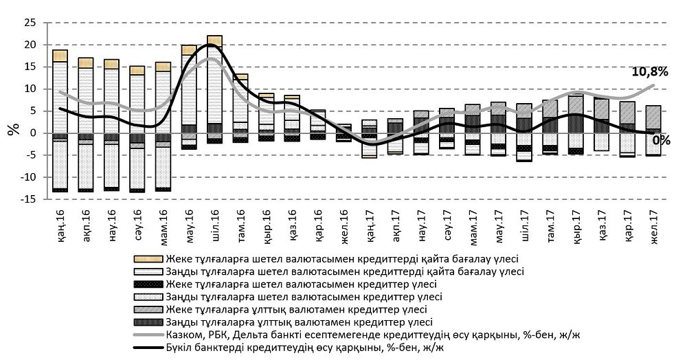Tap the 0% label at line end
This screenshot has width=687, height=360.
661,139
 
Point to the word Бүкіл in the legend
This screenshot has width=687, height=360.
180,348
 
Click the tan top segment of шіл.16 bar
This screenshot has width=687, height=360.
214,41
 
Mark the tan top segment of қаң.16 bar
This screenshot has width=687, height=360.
60,56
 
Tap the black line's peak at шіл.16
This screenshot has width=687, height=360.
213,46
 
